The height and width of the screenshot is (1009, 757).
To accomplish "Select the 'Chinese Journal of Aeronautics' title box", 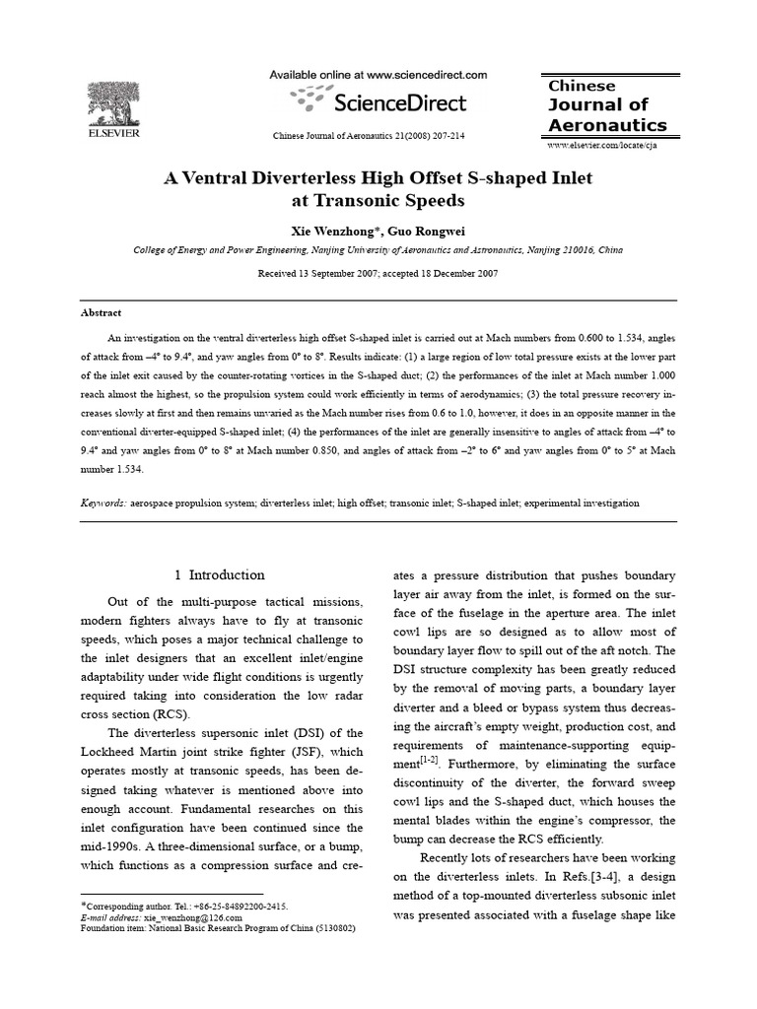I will tap(607, 105).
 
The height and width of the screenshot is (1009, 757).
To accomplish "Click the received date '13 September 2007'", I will tap(341, 274).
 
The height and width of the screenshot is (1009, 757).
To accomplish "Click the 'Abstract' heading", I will tap(101, 312).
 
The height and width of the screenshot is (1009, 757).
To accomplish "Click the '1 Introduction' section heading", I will tap(219, 575).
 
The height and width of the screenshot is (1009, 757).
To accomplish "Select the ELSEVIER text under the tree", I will tap(113, 132).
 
